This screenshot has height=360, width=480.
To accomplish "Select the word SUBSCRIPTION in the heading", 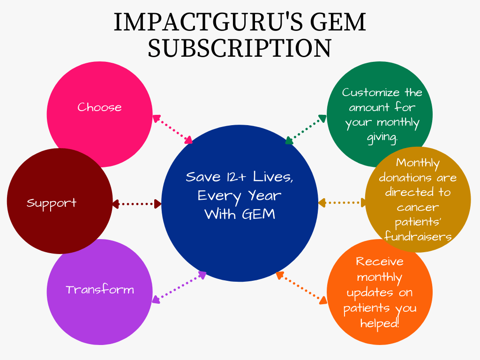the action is [x=240, y=48].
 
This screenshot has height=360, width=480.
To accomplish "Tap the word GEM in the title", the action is [x=338, y=22].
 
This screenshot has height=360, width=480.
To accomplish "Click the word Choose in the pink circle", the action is [x=99, y=107].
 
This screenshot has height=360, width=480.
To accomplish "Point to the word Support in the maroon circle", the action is [x=52, y=203].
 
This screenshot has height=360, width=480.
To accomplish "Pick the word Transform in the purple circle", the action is [x=100, y=290].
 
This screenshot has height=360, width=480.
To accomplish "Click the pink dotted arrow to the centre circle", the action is [x=172, y=129].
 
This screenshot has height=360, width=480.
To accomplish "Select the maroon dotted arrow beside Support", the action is [x=136, y=204].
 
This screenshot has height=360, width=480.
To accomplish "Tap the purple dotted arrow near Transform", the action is [x=179, y=287].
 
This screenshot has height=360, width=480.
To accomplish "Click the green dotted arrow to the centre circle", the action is [x=306, y=129].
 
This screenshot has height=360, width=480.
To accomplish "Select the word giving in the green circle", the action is [x=382, y=137].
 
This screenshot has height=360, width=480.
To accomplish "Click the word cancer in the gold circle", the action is [x=418, y=208].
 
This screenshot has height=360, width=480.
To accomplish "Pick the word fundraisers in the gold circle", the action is [x=418, y=236].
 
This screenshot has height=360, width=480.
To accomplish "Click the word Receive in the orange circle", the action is [x=380, y=262].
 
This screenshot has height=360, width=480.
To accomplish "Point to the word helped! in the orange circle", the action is [x=380, y=323].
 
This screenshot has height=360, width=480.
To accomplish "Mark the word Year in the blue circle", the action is [x=264, y=195].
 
